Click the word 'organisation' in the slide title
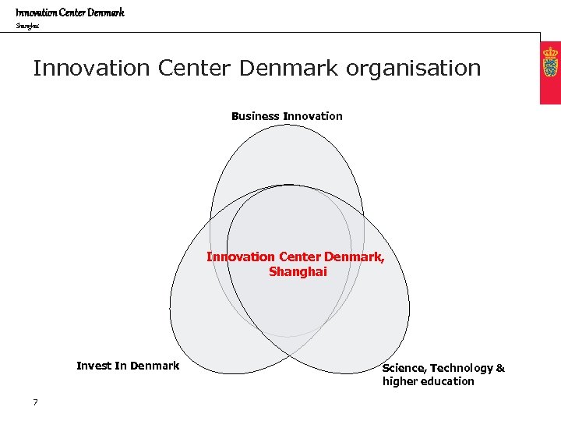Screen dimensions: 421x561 pos(414,69)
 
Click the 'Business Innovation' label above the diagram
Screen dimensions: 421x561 pos(287,116)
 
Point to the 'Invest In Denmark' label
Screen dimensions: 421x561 pos(128,366)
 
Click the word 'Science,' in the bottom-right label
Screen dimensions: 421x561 pos(404,368)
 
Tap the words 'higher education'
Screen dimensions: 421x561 pos(428,381)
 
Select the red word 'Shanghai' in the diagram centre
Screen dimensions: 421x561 pos(298,272)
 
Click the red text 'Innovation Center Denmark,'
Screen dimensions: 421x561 pos(295,256)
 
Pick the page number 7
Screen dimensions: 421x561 pos(36,402)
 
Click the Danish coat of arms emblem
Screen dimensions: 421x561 pos(551,62)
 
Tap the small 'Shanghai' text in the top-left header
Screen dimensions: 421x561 pos(26,26)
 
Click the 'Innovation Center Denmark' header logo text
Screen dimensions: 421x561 pos(70,12)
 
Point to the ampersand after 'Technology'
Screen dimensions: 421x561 pos(500,368)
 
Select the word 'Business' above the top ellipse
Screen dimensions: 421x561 pos(255,116)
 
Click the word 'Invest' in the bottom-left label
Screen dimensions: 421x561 pos(94,366)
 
